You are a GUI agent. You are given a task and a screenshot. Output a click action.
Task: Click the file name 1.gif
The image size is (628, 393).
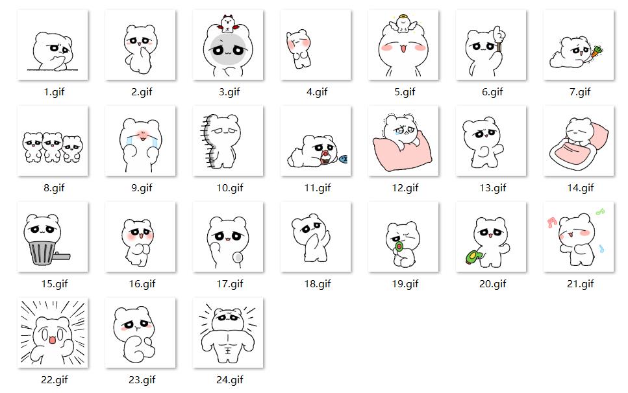54,92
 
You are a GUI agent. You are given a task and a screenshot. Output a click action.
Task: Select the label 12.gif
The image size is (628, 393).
405,188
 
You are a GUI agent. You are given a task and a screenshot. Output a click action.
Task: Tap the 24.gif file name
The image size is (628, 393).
229,380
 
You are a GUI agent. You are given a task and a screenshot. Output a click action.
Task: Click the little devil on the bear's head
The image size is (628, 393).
227,23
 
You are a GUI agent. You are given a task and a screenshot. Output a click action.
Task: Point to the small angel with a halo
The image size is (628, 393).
403,23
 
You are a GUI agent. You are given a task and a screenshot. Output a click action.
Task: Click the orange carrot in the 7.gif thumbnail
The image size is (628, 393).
596,51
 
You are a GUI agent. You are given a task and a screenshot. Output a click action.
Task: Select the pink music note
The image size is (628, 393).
552,222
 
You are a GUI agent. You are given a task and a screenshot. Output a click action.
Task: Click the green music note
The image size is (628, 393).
599,211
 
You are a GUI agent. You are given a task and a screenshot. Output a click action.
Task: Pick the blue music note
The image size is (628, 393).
601,248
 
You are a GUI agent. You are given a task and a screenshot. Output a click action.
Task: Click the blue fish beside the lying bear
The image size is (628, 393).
344,159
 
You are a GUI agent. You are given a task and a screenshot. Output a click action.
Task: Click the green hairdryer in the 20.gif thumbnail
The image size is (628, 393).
474,256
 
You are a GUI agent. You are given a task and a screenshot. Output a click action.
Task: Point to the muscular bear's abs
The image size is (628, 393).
227,344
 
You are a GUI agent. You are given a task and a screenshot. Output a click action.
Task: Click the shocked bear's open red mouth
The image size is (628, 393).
52,340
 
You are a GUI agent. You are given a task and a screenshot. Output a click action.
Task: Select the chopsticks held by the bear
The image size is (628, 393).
499,44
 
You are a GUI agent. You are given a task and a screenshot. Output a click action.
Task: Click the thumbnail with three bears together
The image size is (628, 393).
53,141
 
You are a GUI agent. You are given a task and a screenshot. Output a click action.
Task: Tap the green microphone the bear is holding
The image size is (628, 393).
399,246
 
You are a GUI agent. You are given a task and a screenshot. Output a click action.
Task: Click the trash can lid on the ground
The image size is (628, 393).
62,256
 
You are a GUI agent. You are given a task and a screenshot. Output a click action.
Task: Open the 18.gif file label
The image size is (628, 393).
317,284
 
